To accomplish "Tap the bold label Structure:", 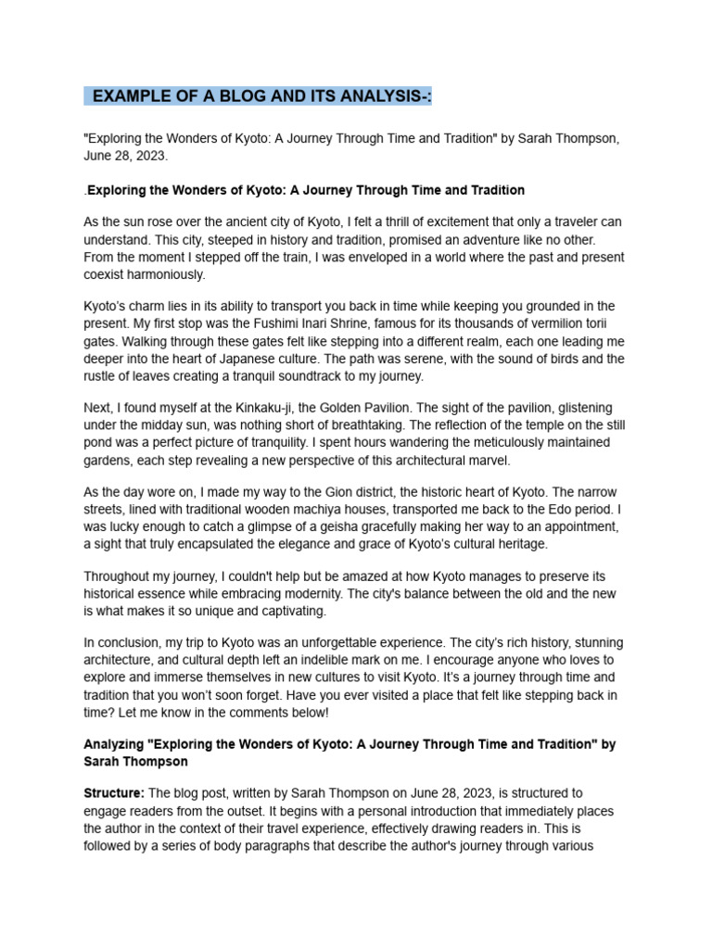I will click(x=114, y=794).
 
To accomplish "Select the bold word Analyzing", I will click(x=117, y=744).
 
